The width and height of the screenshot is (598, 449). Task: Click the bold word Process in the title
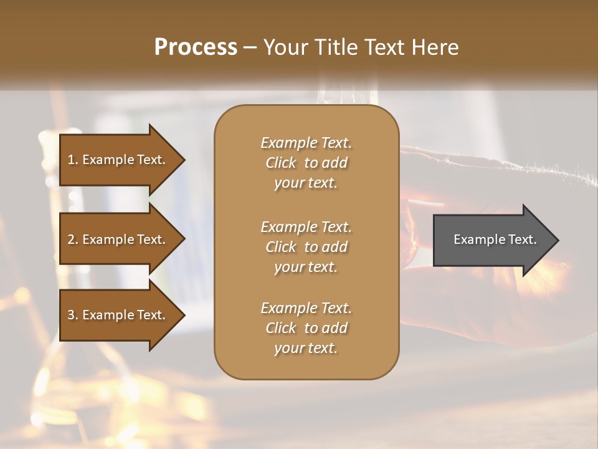pos(196,47)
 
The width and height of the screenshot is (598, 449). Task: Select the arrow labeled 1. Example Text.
pos(118,160)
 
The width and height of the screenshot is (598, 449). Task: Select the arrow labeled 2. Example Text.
pos(118,239)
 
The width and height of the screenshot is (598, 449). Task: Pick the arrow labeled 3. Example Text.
pos(118,315)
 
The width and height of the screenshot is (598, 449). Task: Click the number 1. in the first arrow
pos(72,160)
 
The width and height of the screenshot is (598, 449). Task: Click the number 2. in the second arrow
pos(72,239)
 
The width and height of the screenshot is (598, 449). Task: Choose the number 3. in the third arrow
pos(72,315)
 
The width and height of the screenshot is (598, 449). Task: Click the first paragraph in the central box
pos(306,163)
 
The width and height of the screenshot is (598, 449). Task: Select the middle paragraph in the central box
pos(306,247)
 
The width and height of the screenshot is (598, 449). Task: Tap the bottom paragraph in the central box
pos(306,328)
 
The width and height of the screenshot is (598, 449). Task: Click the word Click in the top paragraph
pos(280,163)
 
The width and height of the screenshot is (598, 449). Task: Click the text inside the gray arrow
pos(495,239)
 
